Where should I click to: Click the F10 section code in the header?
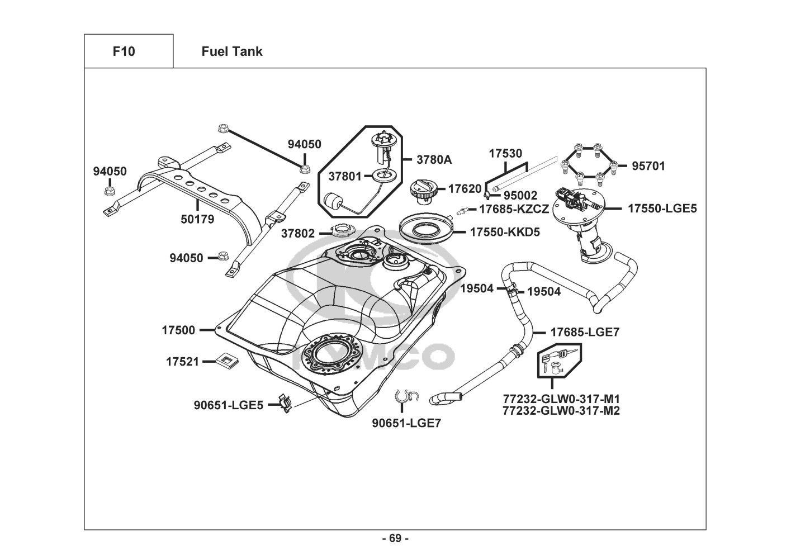(x=124, y=51)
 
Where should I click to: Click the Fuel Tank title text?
(x=231, y=51)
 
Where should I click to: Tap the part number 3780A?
(x=434, y=160)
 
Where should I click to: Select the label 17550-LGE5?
(x=662, y=209)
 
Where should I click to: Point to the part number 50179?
(x=197, y=220)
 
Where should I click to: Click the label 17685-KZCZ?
(x=514, y=209)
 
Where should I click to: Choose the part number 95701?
(x=648, y=166)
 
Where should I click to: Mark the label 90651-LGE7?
(x=406, y=423)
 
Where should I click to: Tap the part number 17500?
(x=179, y=330)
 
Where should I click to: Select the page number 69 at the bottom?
(x=395, y=539)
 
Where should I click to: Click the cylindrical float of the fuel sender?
(x=331, y=201)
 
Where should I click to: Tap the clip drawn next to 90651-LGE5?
(x=285, y=404)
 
